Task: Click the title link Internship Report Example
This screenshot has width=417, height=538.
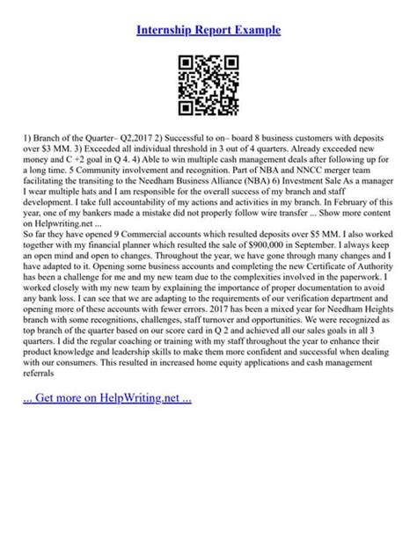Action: coord(208,30)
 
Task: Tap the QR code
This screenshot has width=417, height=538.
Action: coord(208,86)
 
